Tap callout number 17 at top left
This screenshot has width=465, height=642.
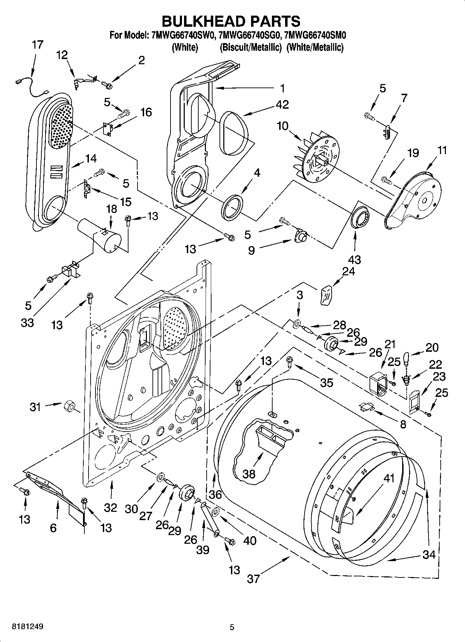click(x=38, y=45)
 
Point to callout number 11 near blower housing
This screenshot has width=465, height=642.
click(x=442, y=150)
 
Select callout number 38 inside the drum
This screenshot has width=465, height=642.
click(x=249, y=474)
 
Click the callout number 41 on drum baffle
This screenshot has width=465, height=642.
click(x=389, y=478)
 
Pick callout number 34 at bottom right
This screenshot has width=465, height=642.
click(x=429, y=555)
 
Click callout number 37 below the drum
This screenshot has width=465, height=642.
click(x=253, y=579)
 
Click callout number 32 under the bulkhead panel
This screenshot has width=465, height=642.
click(x=110, y=508)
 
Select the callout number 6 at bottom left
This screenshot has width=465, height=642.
click(x=53, y=528)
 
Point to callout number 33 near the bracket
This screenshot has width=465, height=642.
click(x=27, y=323)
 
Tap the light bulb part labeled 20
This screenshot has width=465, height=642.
click(x=406, y=359)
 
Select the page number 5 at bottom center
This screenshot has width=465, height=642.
click(x=232, y=627)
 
